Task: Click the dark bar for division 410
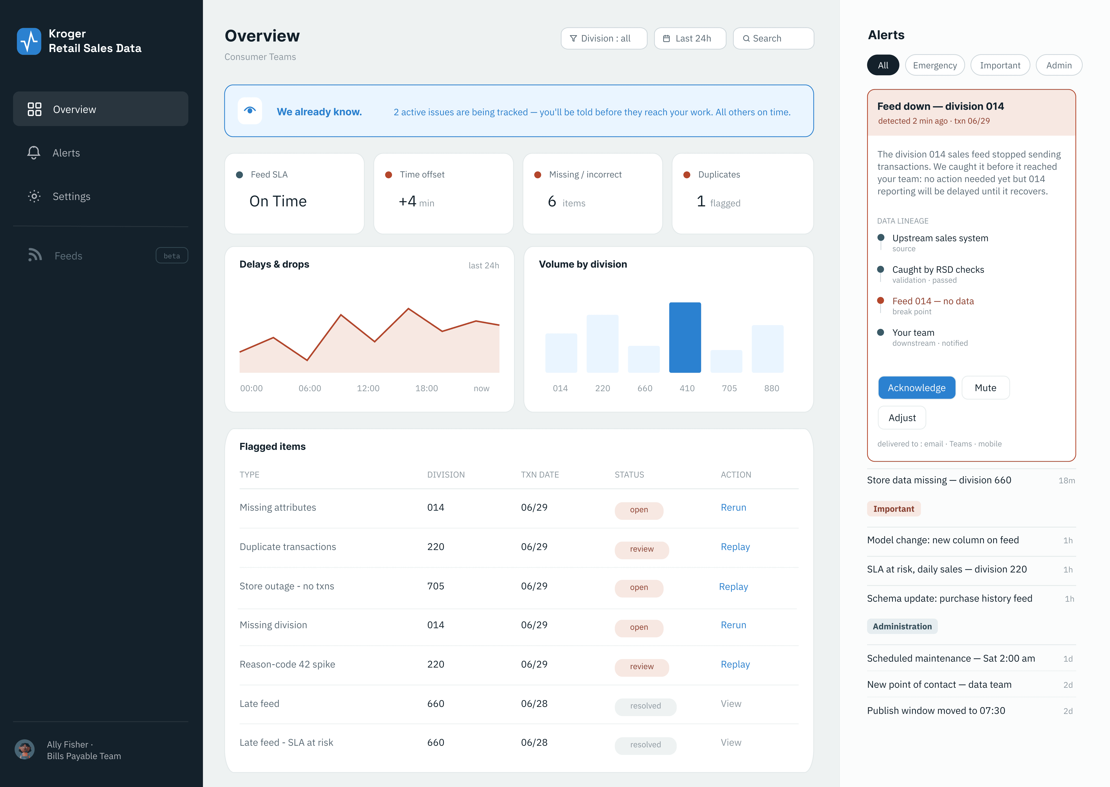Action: (685, 337)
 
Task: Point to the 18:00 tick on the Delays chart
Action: (427, 388)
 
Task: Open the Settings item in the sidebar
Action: (71, 196)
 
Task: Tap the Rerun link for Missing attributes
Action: (733, 507)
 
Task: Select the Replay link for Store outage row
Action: (733, 586)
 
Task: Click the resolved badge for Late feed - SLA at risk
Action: (645, 745)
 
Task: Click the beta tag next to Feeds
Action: (172, 255)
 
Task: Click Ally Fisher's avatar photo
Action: (25, 749)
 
